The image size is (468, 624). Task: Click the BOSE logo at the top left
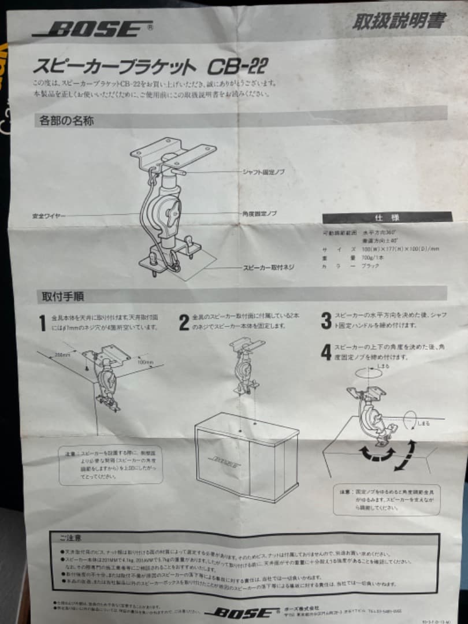coord(92,29)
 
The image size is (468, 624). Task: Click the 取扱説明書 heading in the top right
coord(399,21)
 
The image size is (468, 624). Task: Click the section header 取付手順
coord(62,297)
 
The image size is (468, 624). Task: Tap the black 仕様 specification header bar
coord(387,218)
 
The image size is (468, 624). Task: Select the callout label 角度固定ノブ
coord(259,213)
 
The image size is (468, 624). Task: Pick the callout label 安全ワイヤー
coord(49,216)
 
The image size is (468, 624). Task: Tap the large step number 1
coord(42,323)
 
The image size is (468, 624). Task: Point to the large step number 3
coord(326,320)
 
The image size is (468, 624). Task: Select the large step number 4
coord(326,351)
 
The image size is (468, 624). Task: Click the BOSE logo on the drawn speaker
coord(223,463)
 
